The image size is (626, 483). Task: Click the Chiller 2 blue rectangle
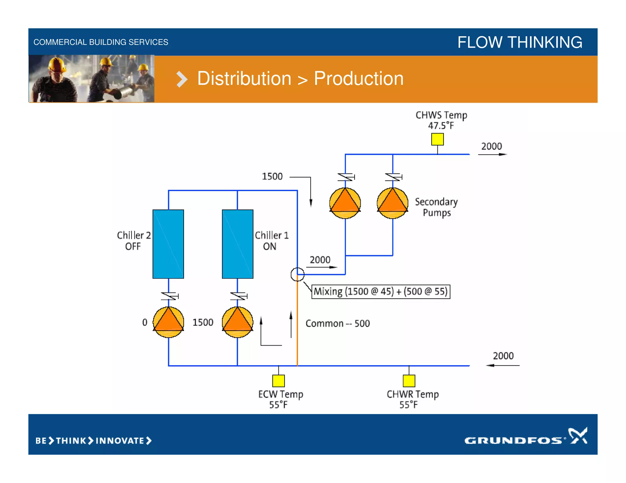point(168,244)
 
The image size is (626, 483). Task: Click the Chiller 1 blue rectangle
point(238,244)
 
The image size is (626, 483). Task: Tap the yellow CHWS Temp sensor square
point(437,139)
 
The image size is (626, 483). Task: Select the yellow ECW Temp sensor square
point(278,381)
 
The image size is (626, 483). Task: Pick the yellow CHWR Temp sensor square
point(409,381)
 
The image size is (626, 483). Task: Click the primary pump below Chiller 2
point(168,322)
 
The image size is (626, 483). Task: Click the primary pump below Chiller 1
point(238,322)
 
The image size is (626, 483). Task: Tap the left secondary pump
point(345,203)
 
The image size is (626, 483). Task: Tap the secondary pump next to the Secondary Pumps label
point(392,203)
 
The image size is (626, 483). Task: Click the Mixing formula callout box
point(381,292)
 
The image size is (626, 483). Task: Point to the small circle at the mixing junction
point(297,274)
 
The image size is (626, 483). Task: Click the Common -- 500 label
point(337,324)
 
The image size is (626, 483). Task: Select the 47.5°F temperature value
point(441,125)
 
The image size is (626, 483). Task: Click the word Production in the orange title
point(359,79)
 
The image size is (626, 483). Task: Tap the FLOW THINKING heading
point(520,42)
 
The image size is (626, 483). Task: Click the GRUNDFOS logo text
point(514,440)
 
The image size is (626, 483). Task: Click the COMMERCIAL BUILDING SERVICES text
point(101,42)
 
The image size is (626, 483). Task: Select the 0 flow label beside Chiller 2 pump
point(145,322)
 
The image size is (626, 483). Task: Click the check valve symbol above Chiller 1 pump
point(238,296)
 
